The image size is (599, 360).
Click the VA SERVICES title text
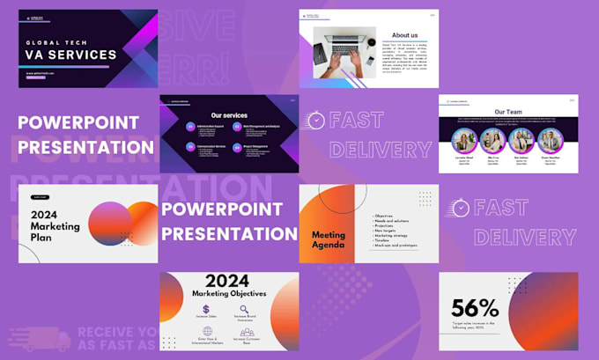(x=70, y=55)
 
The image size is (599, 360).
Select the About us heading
(x=404, y=35)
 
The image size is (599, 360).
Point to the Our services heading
(x=229, y=115)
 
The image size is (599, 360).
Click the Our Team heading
(x=508, y=113)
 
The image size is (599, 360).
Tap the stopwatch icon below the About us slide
(x=314, y=120)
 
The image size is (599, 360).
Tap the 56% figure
(x=475, y=308)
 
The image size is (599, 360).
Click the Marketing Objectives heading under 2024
(x=229, y=293)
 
